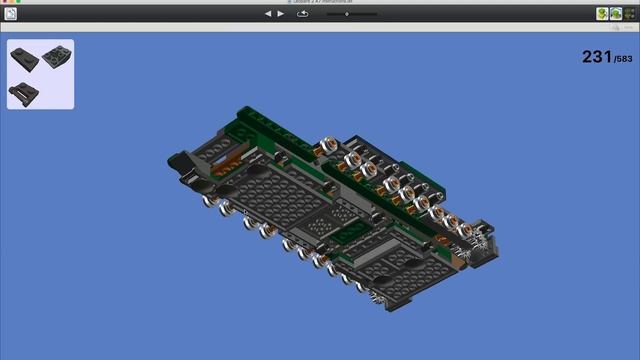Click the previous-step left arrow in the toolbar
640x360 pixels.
point(268,14)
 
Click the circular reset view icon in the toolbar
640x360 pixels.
point(303,14)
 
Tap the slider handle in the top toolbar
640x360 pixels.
point(345,14)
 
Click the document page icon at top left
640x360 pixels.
point(10,14)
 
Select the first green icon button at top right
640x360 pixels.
point(602,14)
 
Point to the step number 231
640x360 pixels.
point(596,58)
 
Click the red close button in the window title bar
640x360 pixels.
point(5,2)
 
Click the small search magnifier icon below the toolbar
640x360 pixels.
point(630,27)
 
